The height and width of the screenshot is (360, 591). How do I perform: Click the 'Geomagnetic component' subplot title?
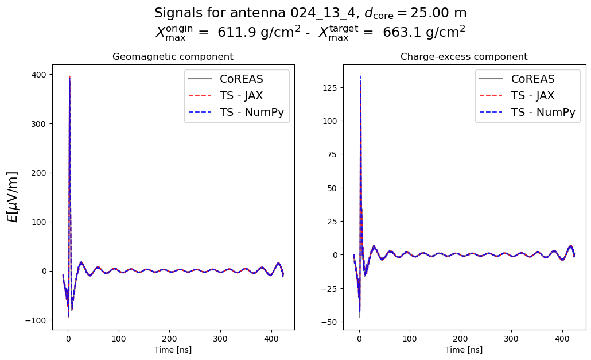(173, 57)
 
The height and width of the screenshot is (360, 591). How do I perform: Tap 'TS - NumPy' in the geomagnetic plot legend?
(252, 113)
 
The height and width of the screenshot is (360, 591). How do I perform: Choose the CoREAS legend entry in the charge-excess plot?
(533, 79)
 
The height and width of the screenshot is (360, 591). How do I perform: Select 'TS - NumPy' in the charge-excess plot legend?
(543, 113)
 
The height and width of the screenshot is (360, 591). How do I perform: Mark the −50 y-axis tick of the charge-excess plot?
(329, 322)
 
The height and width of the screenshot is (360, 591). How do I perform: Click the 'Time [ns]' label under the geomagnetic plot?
(173, 349)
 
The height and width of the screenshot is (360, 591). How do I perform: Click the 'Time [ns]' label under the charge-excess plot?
(464, 349)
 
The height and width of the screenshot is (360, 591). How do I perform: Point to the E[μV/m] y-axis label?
(13, 196)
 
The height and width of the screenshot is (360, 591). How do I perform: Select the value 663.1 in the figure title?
(399, 33)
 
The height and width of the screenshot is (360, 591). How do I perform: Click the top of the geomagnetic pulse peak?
(69, 77)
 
